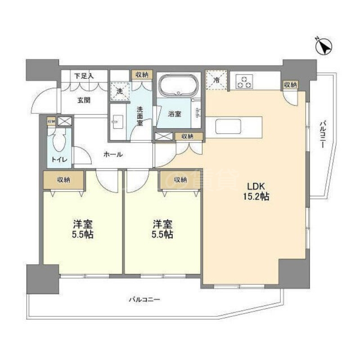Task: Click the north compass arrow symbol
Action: (324, 47)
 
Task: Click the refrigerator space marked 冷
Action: (215, 80)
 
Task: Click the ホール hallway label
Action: (113, 154)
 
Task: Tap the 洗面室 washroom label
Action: (140, 115)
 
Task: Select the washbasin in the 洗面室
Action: (118, 121)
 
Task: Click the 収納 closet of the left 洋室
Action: (63, 180)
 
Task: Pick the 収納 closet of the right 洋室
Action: (180, 180)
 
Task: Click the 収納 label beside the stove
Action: (290, 85)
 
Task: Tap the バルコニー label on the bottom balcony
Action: (144, 299)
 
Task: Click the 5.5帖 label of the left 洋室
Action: (82, 234)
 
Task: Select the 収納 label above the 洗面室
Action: (142, 75)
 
